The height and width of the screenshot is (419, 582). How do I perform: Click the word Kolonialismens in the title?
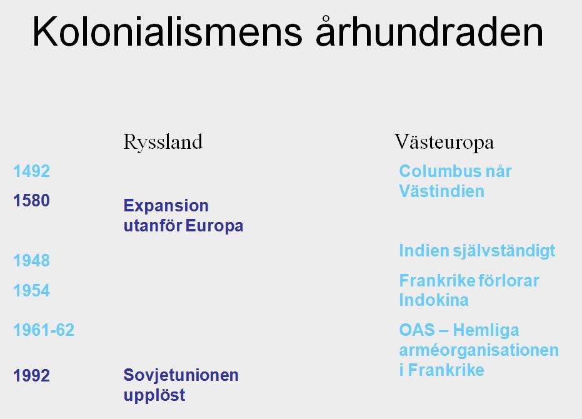[x=168, y=33]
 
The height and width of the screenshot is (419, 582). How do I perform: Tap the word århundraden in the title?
[x=430, y=32]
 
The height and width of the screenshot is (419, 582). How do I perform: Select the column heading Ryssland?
[x=163, y=142]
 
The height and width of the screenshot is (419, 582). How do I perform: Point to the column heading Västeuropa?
[x=444, y=142]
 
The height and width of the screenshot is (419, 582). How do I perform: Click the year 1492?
[x=31, y=171]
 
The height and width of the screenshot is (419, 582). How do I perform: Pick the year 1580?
[x=31, y=201]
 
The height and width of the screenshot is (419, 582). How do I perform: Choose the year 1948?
[x=31, y=260]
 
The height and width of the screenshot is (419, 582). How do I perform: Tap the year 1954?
[x=31, y=290]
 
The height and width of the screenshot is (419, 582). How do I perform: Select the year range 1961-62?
[x=44, y=330]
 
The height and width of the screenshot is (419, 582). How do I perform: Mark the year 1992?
[x=31, y=375]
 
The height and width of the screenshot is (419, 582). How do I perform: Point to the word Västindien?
[x=442, y=191]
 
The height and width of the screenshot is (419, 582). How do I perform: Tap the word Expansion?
[x=166, y=205]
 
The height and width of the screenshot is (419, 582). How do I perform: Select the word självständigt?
[x=504, y=251]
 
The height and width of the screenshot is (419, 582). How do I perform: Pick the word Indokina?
[x=434, y=300]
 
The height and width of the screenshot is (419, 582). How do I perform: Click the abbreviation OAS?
[x=417, y=330]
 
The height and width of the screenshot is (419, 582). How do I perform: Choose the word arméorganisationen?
[x=479, y=350]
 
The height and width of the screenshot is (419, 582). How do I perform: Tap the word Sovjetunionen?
[x=181, y=375]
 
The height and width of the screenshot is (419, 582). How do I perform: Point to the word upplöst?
[x=154, y=395]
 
